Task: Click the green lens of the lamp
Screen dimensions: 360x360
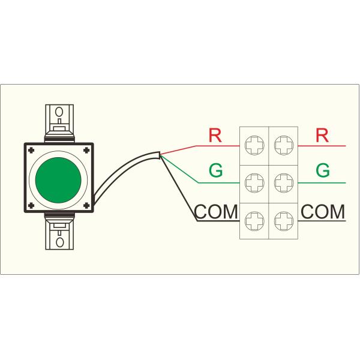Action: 58,177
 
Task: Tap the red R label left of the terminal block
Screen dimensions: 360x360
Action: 215,136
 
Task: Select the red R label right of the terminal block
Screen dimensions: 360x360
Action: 322,136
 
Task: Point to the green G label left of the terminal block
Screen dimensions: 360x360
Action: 215,171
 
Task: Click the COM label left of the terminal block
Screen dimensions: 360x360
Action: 217,212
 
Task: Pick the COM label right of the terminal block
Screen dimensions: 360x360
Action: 323,211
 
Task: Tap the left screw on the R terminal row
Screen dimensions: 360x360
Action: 255,144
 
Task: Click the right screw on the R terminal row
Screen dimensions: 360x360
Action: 283,144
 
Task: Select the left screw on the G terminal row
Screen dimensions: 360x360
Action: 255,182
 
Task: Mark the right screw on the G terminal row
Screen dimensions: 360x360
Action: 283,182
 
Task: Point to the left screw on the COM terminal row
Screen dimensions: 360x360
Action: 255,220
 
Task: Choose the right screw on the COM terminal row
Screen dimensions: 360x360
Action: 283,220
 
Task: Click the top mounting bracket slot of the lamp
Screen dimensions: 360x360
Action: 59,112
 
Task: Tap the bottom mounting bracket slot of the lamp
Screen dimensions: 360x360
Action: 59,242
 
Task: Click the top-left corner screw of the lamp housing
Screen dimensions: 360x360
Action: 30,149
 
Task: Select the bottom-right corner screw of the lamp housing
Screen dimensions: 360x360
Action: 88,206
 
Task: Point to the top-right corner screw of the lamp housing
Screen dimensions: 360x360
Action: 88,149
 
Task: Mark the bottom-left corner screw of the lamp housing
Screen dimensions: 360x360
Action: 30,206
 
